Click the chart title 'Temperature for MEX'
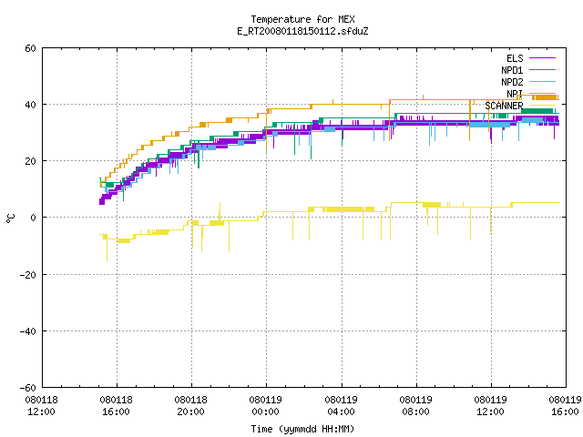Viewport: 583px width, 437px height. coord(302,19)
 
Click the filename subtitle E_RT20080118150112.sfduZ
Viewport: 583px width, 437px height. coord(302,31)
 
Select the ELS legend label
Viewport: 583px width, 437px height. coord(515,58)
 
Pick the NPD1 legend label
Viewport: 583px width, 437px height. coord(512,70)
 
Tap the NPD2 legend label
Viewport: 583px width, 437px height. coord(512,82)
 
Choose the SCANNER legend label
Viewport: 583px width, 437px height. coord(504,106)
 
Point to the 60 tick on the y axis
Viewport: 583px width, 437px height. coord(30,48)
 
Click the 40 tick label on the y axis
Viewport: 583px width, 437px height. coord(30,105)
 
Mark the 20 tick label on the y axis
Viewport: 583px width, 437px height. coord(30,161)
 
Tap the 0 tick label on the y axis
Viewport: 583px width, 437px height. coord(34,218)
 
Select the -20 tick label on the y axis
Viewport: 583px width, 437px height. coord(28,275)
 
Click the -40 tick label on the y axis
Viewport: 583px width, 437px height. coord(28,331)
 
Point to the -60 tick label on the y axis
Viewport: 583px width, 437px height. coord(28,388)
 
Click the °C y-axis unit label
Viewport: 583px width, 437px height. coord(10,218)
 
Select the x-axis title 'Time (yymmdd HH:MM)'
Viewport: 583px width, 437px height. coord(302,429)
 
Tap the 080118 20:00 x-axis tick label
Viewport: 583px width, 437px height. coord(190,406)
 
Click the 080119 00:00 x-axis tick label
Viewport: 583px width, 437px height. coord(265,406)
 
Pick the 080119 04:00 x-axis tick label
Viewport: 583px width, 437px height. coord(341,406)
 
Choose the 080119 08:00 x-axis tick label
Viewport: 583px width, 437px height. coord(415,406)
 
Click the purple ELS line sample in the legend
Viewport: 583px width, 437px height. coord(542,58)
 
